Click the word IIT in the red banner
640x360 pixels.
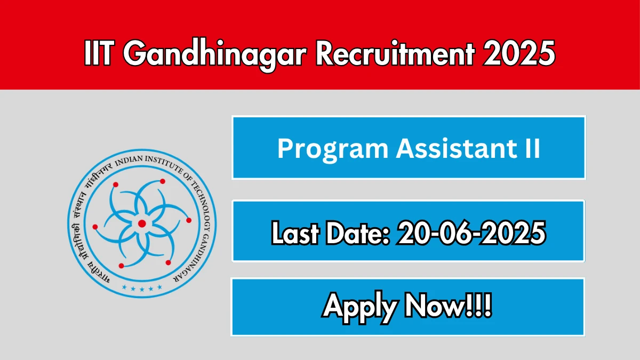point(98,53)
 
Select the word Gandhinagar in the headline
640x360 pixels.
point(215,55)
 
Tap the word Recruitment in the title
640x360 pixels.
point(395,53)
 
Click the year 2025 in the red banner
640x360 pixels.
point(519,53)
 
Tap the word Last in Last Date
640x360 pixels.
point(295,233)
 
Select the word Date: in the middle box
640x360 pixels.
point(358,233)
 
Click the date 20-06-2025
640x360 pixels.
point(471,233)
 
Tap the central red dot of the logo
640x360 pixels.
point(142,223)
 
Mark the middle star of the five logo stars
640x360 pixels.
point(142,290)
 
